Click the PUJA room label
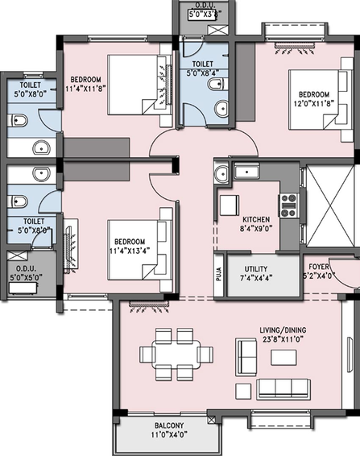point(219,274)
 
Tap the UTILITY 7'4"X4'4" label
point(256,273)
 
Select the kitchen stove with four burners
point(288,205)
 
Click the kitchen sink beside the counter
point(246,172)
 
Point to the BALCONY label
point(169,425)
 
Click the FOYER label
point(319,267)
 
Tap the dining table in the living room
point(176,354)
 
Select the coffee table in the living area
point(283,358)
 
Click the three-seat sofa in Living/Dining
point(283,389)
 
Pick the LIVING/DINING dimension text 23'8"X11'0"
point(283,339)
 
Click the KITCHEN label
point(256,219)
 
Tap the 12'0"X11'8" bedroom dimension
point(314,103)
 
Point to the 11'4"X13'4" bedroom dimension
point(130,251)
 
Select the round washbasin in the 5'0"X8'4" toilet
point(221,109)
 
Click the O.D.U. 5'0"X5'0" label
point(26,273)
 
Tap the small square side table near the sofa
point(243,392)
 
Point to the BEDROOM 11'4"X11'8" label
point(85,84)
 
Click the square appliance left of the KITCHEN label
point(230,205)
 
